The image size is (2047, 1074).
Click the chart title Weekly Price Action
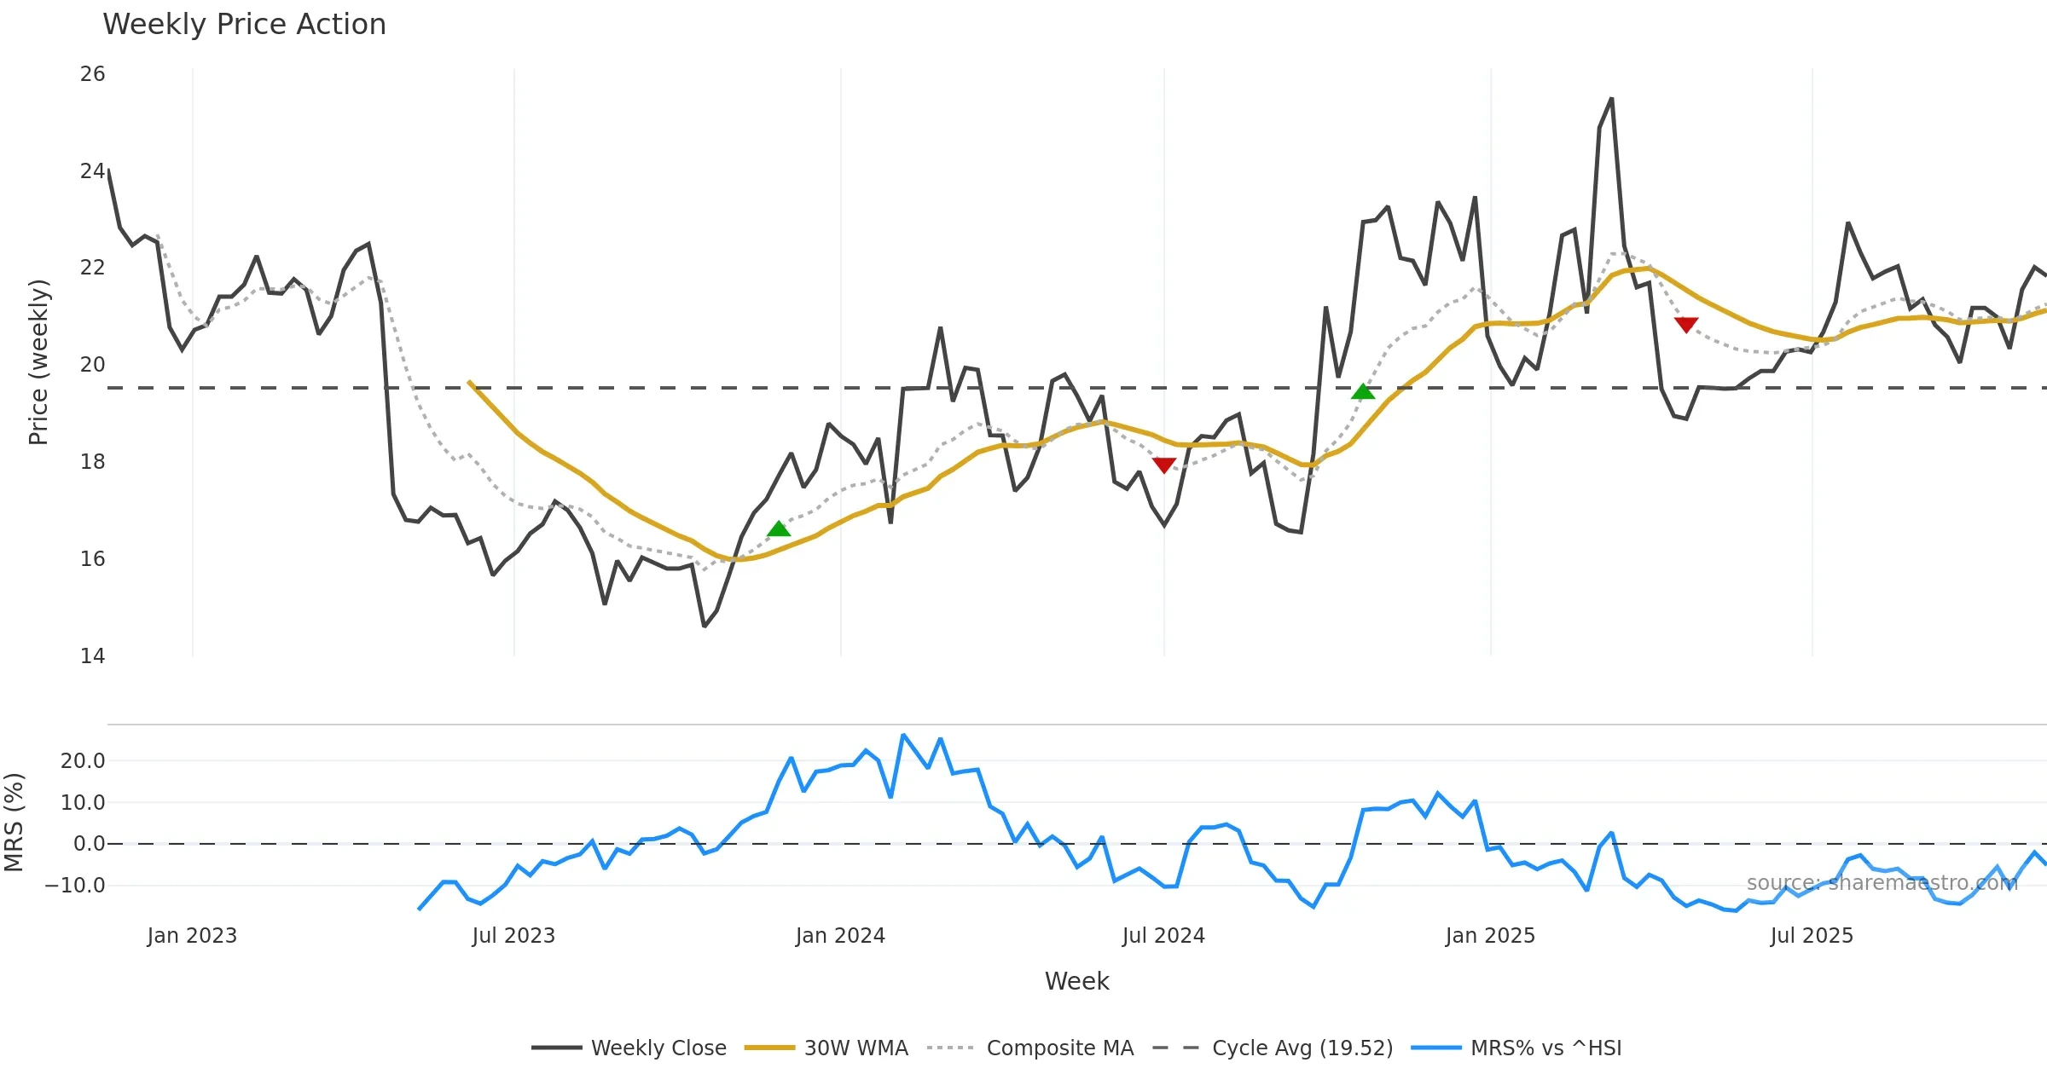[244, 25]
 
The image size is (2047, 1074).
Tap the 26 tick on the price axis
[92, 74]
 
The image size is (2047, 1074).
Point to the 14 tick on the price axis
[92, 655]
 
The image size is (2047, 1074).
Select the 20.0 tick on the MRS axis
[83, 760]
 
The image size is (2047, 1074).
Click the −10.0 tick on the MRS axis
[75, 885]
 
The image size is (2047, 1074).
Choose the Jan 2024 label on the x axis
[840, 935]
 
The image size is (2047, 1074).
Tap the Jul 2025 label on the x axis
[1812, 935]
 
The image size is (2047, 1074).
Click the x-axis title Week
[1076, 981]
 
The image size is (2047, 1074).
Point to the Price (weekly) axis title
[38, 362]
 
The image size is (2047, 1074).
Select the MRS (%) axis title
[14, 822]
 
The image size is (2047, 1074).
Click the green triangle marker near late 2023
[779, 529]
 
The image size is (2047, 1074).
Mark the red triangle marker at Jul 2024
[1164, 465]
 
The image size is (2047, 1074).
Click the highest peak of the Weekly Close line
[1611, 99]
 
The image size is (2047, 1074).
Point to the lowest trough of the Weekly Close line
[704, 626]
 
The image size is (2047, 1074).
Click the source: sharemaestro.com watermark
[1882, 882]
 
